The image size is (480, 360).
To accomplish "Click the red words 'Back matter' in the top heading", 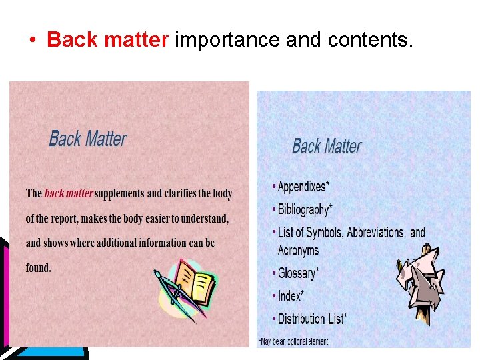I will pos(107,40).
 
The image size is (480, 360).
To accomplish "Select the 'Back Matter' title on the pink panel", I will pos(88,139).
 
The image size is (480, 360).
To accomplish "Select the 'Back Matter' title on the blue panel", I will pos(327,145).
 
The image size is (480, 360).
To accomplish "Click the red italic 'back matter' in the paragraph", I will pos(69,194).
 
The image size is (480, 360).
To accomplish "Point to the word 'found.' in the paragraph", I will pos(39,268).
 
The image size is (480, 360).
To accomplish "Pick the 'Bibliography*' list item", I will pos(305,209).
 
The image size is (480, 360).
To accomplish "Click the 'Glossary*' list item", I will pos(298,273).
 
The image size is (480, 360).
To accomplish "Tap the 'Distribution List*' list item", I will pos(312,319).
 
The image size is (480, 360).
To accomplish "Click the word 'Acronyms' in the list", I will pos(298,251).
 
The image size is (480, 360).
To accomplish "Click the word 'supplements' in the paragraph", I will pos(119,194).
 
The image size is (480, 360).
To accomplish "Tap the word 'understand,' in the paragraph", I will pos(199,219).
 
